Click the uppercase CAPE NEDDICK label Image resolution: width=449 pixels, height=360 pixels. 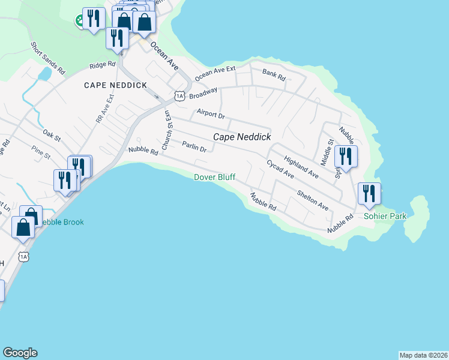point(116,86)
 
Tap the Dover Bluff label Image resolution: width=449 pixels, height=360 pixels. point(215,177)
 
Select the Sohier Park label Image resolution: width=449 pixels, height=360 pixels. point(385,216)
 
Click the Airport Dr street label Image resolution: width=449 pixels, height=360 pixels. point(210,114)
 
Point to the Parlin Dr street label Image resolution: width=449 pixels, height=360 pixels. point(194,146)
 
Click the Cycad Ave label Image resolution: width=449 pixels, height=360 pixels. point(280,169)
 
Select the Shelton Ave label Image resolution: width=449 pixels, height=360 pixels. point(313,200)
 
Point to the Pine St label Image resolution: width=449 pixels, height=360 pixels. point(42,154)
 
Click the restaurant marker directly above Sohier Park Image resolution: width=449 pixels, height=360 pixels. point(369,193)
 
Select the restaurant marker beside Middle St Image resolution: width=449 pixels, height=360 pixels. point(346,156)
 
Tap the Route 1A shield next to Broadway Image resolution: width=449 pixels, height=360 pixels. point(179,95)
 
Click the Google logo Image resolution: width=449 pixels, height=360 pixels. point(20,353)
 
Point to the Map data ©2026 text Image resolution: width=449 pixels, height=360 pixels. point(423,355)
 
